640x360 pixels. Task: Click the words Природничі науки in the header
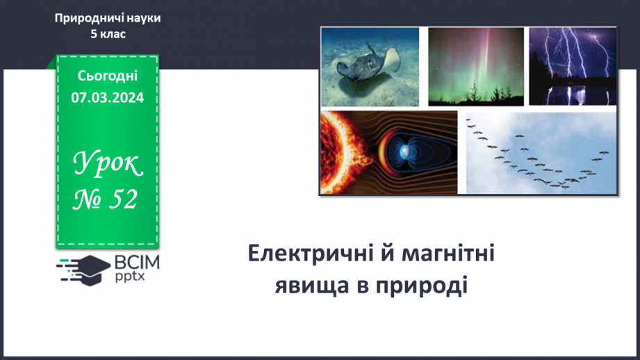tap(108, 18)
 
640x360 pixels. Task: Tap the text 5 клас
tap(108, 33)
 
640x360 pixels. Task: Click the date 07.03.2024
tap(108, 97)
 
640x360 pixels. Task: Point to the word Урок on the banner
tap(108, 164)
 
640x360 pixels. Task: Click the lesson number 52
tap(122, 199)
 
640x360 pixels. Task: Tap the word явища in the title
tap(310, 286)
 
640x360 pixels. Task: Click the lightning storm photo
tap(573, 66)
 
